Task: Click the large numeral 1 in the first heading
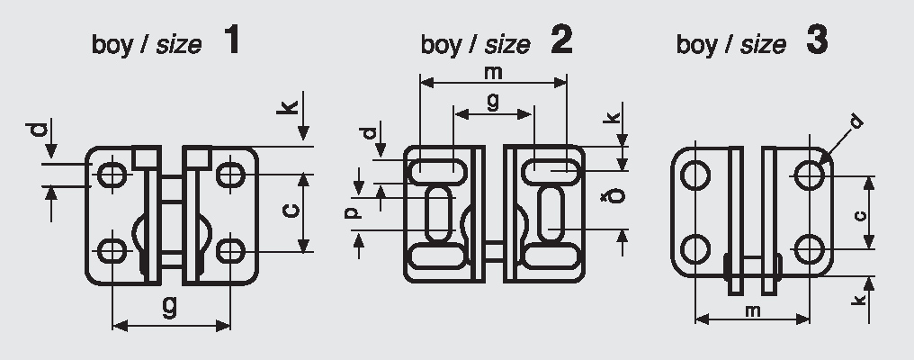pos(231,40)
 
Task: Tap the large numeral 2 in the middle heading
pos(562,40)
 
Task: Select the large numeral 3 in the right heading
pos(817,40)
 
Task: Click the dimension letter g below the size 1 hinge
pos(170,307)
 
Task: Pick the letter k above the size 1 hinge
pos(287,107)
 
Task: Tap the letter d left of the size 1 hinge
pos(37,130)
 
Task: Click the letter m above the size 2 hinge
pos(493,73)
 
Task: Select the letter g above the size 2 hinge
pos(493,102)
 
